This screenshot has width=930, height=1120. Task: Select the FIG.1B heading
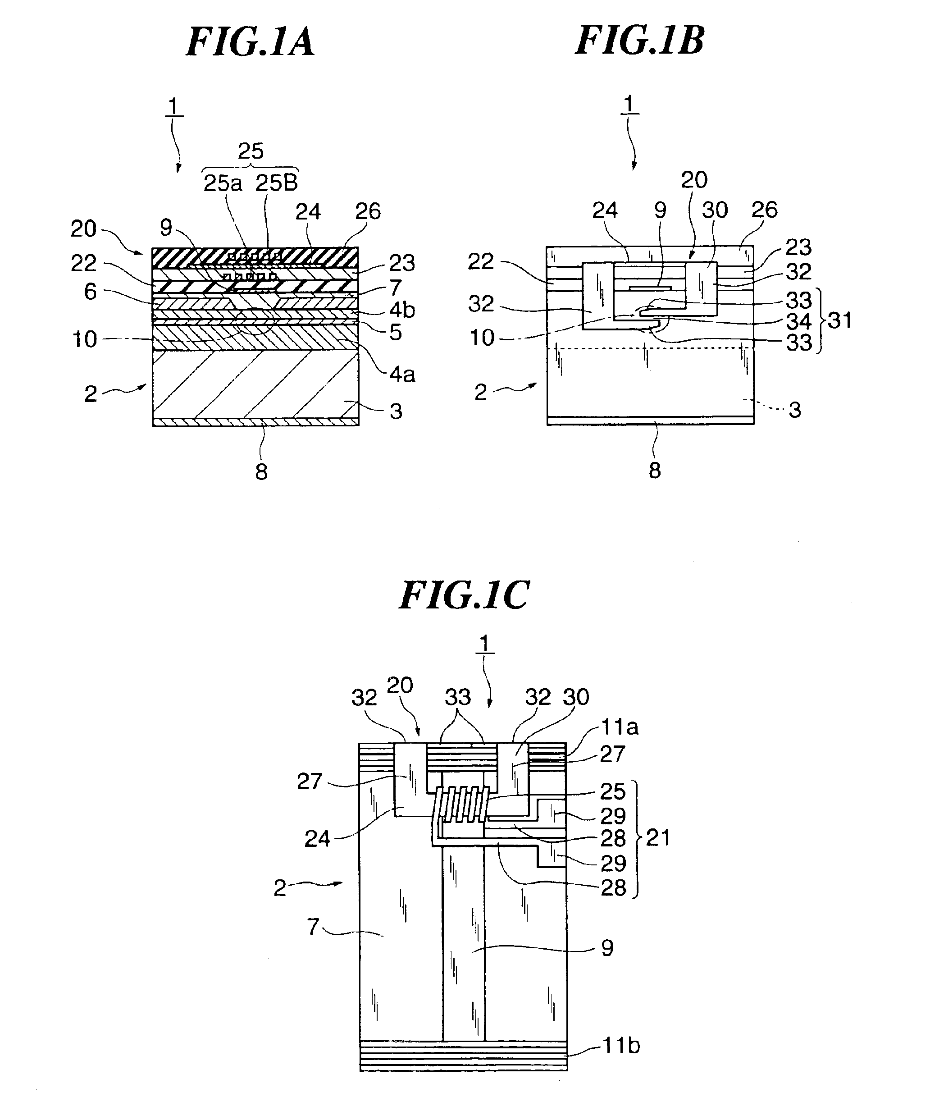point(639,41)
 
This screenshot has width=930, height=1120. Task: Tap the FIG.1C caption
point(464,595)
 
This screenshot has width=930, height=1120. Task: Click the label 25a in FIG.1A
point(223,183)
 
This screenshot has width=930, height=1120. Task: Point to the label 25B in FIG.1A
point(276,183)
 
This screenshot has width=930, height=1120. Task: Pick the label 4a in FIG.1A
point(402,375)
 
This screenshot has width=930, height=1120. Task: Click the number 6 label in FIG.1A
point(91,291)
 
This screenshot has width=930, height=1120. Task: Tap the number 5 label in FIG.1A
point(395,332)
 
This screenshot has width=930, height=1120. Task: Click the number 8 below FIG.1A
point(261,471)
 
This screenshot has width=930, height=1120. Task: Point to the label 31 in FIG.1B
point(839,320)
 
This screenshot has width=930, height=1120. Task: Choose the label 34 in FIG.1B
point(798,322)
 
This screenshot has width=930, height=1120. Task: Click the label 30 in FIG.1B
point(715,210)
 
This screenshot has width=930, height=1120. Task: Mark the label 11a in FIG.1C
point(620,727)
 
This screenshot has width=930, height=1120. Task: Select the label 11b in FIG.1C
point(621,1045)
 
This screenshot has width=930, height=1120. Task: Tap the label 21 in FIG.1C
point(657,838)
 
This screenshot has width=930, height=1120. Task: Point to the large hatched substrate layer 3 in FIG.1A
point(255,384)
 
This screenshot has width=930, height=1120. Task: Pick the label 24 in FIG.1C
point(317,839)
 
